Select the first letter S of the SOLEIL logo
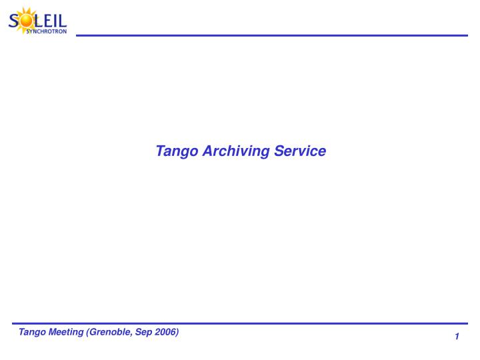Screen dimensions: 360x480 click(14, 20)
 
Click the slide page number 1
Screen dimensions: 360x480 click(457, 337)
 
